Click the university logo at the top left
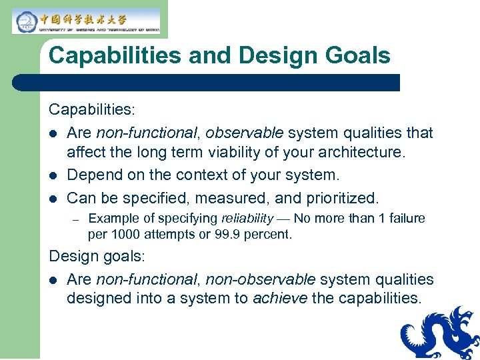tap(85, 21)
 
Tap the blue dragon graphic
tap(441, 333)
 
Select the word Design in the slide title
tap(273, 55)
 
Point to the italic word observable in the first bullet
tap(244, 133)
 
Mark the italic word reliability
tap(247, 219)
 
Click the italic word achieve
tap(279, 299)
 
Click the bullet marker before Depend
tap(53, 176)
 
